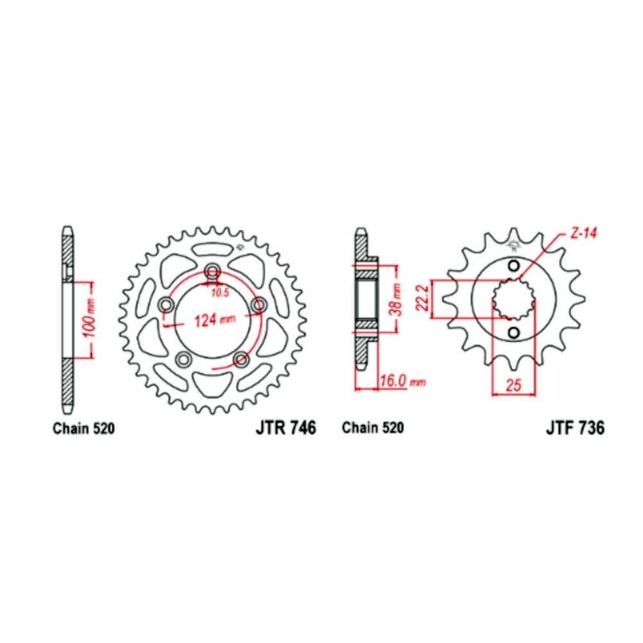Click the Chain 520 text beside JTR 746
click(x=84, y=429)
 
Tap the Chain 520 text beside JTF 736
click(x=373, y=429)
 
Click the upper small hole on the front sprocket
click(x=513, y=266)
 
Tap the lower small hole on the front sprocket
click(x=513, y=332)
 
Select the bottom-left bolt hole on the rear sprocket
click(x=183, y=358)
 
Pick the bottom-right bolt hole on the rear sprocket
click(x=242, y=358)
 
